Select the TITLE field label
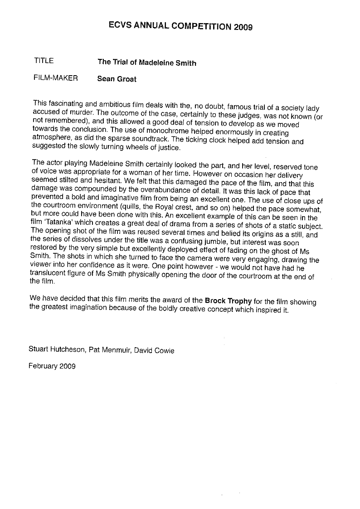[44, 60]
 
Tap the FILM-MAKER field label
[55, 78]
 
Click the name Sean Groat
[117, 79]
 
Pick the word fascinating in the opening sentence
[66, 102]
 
